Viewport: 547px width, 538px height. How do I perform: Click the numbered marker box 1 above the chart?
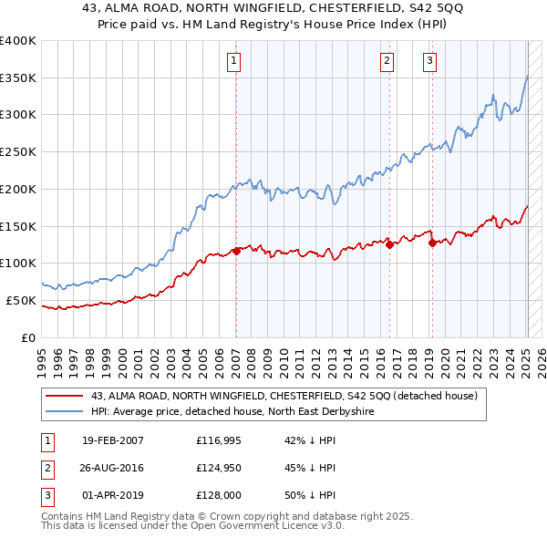tap(234, 61)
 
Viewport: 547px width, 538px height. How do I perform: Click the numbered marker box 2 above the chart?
tap(387, 61)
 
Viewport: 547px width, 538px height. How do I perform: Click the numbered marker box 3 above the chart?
tap(429, 61)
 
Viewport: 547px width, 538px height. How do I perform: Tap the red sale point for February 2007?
tap(236, 251)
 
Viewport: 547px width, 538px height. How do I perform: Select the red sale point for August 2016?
tap(389, 244)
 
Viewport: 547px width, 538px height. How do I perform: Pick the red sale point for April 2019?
tap(431, 242)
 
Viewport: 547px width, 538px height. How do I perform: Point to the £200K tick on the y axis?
tap(18, 189)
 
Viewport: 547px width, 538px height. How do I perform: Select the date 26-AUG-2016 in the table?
tap(113, 468)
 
